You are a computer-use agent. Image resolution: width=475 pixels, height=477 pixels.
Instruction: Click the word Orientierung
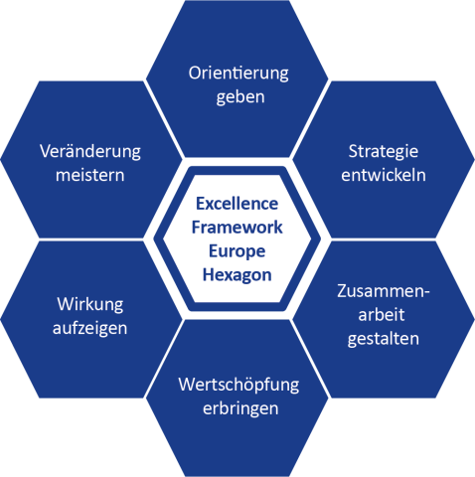click(x=238, y=74)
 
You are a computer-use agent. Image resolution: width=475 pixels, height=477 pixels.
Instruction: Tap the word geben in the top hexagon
click(x=240, y=97)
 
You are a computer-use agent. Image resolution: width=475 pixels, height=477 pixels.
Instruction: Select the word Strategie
click(x=384, y=152)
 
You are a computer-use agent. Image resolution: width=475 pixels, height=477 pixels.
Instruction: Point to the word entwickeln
click(x=384, y=175)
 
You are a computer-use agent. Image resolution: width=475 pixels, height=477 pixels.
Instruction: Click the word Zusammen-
click(x=384, y=291)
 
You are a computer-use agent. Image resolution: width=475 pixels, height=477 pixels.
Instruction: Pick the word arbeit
click(x=382, y=314)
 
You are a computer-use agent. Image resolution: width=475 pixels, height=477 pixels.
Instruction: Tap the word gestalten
click(x=384, y=339)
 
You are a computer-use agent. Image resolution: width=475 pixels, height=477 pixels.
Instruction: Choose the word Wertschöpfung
click(x=238, y=386)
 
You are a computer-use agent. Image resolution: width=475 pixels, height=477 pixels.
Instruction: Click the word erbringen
click(x=240, y=409)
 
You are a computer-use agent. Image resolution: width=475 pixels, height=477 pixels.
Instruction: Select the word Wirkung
click(x=90, y=305)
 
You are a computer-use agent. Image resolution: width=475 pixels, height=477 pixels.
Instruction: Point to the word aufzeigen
click(x=89, y=329)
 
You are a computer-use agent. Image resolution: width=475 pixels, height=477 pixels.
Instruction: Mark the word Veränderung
click(x=90, y=152)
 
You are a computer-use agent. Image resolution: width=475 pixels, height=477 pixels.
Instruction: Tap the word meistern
click(x=89, y=175)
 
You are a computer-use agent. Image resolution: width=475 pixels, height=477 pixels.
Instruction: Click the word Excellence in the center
click(x=237, y=204)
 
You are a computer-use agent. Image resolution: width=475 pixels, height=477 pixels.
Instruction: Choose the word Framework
click(x=237, y=228)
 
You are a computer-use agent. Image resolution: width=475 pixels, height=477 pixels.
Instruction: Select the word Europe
click(x=237, y=251)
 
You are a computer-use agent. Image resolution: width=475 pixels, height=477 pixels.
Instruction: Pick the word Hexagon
click(x=237, y=275)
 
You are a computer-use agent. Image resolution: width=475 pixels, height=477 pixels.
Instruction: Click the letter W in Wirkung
click(x=64, y=304)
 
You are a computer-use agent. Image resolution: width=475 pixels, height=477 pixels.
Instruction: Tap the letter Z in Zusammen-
click(x=342, y=291)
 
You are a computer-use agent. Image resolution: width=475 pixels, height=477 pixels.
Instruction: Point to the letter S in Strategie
click(x=353, y=152)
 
